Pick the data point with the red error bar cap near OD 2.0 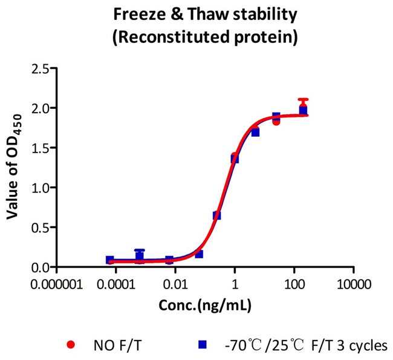click(303, 108)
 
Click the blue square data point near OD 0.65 click(217, 215)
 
